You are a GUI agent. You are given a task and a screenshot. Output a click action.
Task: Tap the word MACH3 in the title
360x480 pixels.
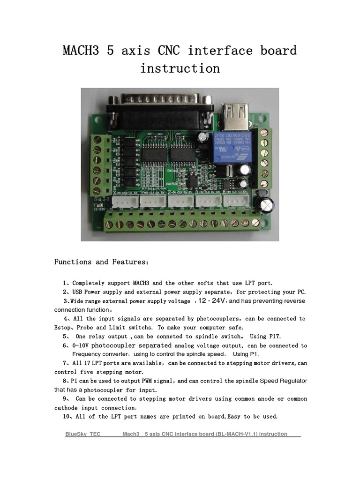[x=81, y=51]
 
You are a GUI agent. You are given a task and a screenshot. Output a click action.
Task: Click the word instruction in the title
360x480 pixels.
[x=180, y=68]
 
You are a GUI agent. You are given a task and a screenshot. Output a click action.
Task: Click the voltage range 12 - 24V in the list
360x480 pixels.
[x=212, y=300]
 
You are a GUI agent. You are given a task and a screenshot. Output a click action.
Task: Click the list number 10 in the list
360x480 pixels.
[x=66, y=416]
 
